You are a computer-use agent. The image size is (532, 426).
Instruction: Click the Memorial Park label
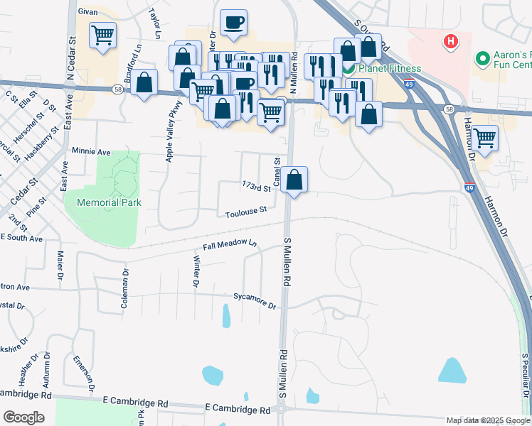point(103,202)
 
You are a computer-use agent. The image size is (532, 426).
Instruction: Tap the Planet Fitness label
point(390,69)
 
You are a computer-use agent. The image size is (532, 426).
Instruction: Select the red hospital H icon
point(449,42)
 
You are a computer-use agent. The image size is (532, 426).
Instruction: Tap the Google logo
point(23,417)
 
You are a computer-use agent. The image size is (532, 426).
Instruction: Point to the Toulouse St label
point(246,212)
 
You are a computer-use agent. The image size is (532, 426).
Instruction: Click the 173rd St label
point(257,187)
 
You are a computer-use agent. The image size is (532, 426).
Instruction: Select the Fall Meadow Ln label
point(229,246)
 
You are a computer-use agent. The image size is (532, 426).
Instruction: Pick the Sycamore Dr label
point(254,300)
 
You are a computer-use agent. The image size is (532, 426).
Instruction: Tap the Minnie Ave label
point(92,152)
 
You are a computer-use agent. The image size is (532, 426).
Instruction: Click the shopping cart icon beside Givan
point(103,34)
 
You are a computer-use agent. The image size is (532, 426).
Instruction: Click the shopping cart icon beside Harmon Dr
point(484,138)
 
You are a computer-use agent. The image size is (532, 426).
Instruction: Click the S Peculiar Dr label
point(525,383)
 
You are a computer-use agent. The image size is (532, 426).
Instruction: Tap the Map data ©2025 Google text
point(487,420)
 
